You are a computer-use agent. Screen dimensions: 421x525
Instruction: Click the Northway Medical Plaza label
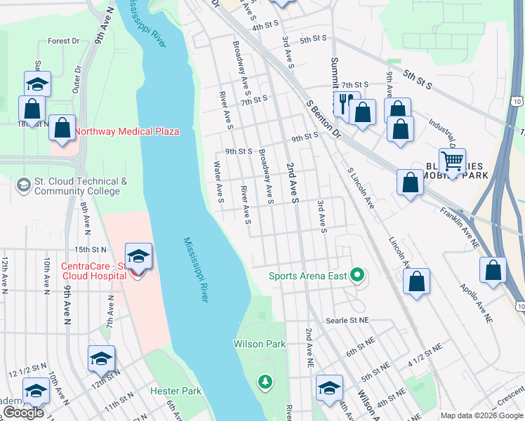(126, 131)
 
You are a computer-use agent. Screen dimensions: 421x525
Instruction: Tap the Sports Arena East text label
(308, 276)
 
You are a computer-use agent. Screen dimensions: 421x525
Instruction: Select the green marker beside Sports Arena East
(358, 275)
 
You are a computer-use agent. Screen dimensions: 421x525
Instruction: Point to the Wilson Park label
(260, 344)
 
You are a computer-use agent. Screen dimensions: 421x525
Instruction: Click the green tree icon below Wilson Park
(265, 382)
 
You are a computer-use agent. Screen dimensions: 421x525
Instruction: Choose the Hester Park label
(175, 391)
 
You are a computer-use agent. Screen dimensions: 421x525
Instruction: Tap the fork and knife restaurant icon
(345, 103)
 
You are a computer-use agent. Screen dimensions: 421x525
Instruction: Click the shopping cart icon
(452, 161)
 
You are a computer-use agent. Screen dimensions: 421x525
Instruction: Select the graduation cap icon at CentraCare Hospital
(139, 255)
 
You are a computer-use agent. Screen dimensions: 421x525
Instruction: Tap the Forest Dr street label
(63, 41)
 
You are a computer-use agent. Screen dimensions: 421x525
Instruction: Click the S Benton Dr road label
(323, 117)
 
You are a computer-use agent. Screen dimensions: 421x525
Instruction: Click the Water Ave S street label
(220, 183)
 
